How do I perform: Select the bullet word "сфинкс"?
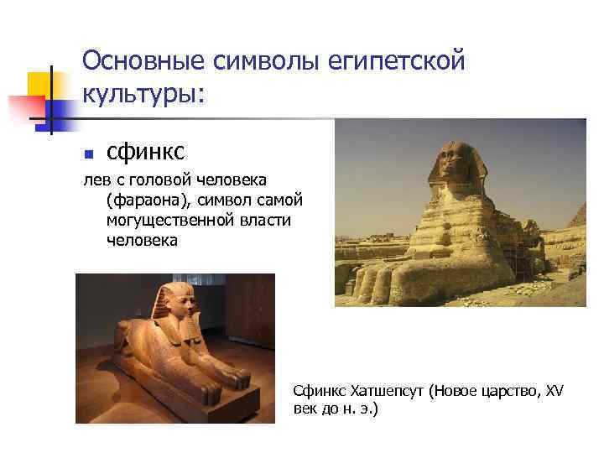[x=145, y=152]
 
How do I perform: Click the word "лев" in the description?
[x=93, y=181]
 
